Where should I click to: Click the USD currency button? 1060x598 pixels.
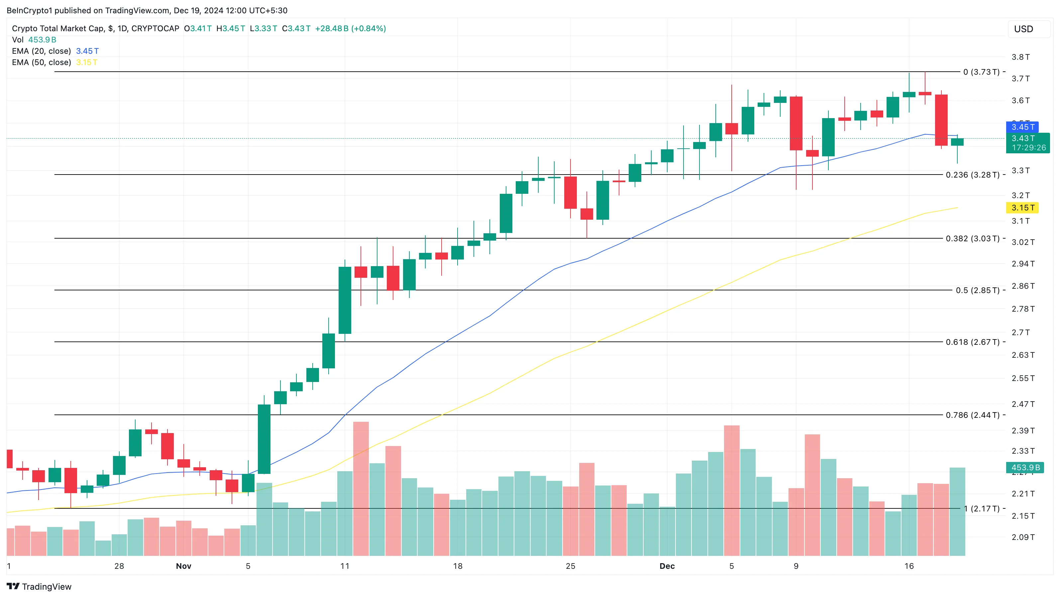[x=1023, y=29]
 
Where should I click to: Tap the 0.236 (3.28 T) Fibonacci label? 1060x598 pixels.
[x=972, y=175]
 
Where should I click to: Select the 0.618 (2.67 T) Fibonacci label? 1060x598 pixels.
[x=972, y=342]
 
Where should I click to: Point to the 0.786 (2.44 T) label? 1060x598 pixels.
[x=972, y=415]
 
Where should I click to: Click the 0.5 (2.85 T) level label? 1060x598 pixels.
[x=977, y=290]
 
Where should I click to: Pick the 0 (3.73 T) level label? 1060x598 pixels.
[x=981, y=72]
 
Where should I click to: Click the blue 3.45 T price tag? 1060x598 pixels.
[x=1022, y=127]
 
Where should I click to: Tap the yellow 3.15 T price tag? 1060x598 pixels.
[x=1022, y=207]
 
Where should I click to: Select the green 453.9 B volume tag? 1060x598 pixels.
[x=1025, y=467]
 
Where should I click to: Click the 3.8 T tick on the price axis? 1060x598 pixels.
[x=1020, y=57]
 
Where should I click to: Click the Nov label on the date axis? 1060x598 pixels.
[x=183, y=566]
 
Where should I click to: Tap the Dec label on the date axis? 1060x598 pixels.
[x=667, y=566]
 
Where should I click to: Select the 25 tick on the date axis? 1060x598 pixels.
[x=570, y=566]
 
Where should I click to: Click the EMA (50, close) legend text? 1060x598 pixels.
[x=42, y=62]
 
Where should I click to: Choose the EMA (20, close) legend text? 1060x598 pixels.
[x=42, y=51]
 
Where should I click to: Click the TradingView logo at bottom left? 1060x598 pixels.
[x=40, y=586]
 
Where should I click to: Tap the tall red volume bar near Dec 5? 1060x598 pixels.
[x=732, y=489]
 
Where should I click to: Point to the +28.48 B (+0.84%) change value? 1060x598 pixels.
[x=350, y=28]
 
